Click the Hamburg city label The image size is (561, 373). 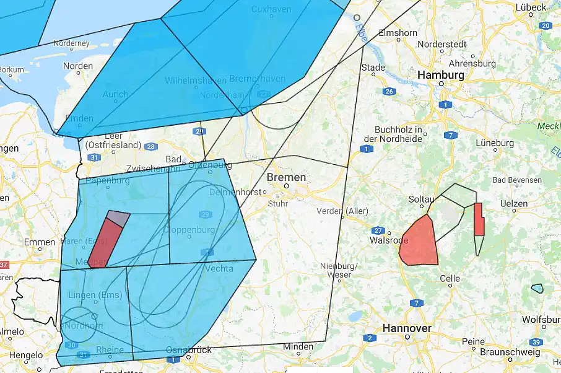(x=440, y=74)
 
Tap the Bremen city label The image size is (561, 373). (x=286, y=177)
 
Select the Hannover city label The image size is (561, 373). (x=406, y=327)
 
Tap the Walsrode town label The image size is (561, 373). (x=388, y=240)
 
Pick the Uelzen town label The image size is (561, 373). (x=514, y=203)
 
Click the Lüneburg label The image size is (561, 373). (x=494, y=143)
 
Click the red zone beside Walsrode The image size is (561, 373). (x=419, y=242)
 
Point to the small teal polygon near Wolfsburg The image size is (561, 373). (x=537, y=288)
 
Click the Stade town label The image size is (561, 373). (x=373, y=67)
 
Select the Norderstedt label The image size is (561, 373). (x=441, y=44)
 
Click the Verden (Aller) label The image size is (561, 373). (x=342, y=211)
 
